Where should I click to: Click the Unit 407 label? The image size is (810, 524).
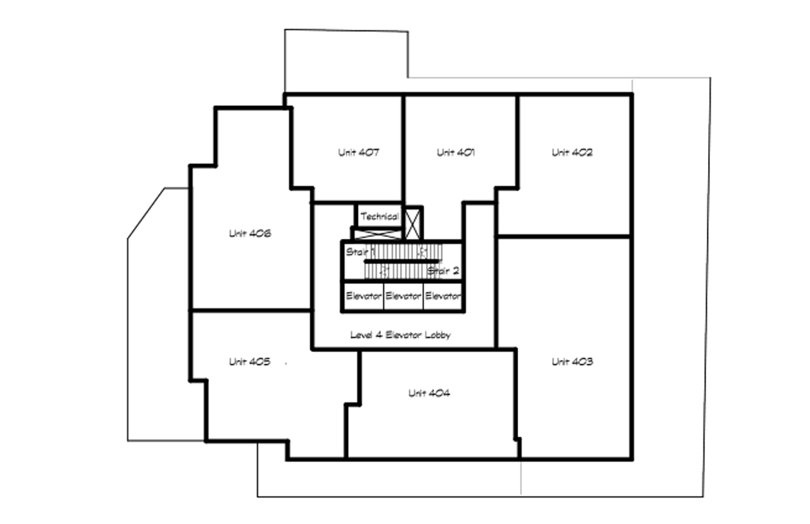click(x=359, y=153)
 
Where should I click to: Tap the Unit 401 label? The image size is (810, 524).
click(x=455, y=153)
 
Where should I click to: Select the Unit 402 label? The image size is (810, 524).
click(x=572, y=153)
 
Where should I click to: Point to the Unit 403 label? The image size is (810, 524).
click(x=572, y=362)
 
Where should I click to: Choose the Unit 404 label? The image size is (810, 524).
click(x=429, y=393)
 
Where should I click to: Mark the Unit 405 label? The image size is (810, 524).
click(x=249, y=362)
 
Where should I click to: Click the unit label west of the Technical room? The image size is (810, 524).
click(x=250, y=234)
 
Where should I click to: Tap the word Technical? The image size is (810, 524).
click(x=380, y=216)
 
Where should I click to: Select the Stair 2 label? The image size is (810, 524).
click(x=443, y=271)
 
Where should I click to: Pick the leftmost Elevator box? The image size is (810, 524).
click(x=363, y=296)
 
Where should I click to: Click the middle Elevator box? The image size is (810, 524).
click(x=403, y=296)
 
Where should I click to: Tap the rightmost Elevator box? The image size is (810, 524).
click(x=443, y=296)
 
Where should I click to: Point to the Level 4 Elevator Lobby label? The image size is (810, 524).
click(x=400, y=335)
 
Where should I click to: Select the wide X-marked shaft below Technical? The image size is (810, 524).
click(x=377, y=234)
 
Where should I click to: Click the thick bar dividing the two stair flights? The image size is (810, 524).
click(x=402, y=261)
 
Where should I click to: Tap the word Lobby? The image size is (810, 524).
click(x=437, y=335)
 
